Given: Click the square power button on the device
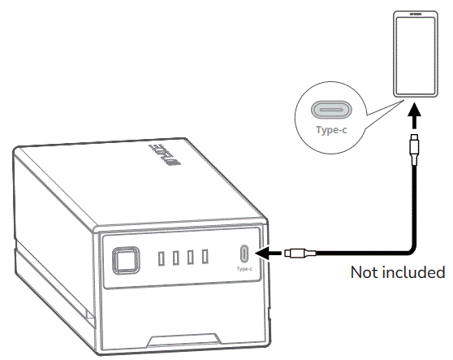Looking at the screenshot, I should (x=125, y=260).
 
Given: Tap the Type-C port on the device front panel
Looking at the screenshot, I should (x=244, y=254).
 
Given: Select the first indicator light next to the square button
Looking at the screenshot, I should (x=161, y=258).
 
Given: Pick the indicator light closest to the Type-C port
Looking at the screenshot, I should (x=205, y=257).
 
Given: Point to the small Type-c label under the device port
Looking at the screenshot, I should (x=244, y=269).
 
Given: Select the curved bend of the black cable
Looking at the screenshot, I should (x=409, y=245).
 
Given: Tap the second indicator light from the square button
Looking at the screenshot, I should (x=175, y=258).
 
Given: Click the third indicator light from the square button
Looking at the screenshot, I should (x=190, y=258).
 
